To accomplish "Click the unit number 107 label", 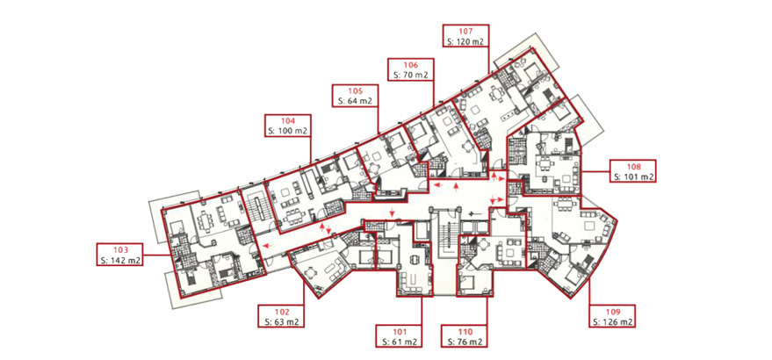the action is point(465,32).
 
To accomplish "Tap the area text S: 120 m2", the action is point(465,41).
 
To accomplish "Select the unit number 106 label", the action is point(411,66).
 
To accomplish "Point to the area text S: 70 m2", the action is point(411,75).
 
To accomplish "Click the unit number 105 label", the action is point(355,91).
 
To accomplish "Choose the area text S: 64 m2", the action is point(355,101).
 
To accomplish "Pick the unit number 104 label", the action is point(288,121).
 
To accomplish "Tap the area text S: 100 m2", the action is point(288,131).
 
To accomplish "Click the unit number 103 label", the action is point(119,250).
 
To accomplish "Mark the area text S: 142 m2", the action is point(119,260).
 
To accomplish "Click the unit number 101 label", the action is point(399,332).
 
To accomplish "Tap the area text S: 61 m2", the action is point(399,342).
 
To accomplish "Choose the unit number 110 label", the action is point(465,332).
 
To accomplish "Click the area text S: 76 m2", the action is point(465,342).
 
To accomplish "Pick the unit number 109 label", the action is point(612,313).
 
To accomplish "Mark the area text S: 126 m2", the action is point(612,322).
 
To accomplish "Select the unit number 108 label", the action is point(632,167).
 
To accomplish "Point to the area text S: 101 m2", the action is point(632,176).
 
